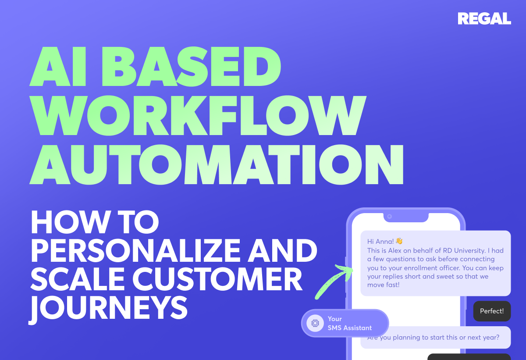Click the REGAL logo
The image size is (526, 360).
(x=484, y=18)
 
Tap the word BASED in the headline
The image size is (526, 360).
(x=191, y=67)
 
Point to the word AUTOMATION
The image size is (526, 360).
(x=217, y=164)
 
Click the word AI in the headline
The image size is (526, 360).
(x=58, y=67)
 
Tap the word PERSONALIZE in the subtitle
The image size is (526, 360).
(x=135, y=250)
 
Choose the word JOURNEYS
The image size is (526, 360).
(x=108, y=308)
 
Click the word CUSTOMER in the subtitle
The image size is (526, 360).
(x=217, y=279)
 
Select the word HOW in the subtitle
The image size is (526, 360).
(x=70, y=222)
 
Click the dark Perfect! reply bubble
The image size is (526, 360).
(x=492, y=311)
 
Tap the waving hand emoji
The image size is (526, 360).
(x=399, y=241)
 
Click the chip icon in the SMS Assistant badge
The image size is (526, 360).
(x=315, y=323)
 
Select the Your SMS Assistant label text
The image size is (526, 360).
(x=350, y=323)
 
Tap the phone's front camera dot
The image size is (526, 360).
(x=390, y=217)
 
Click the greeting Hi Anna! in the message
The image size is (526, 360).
(x=380, y=242)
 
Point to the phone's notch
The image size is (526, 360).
(x=406, y=217)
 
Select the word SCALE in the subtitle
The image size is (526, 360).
(x=78, y=279)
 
